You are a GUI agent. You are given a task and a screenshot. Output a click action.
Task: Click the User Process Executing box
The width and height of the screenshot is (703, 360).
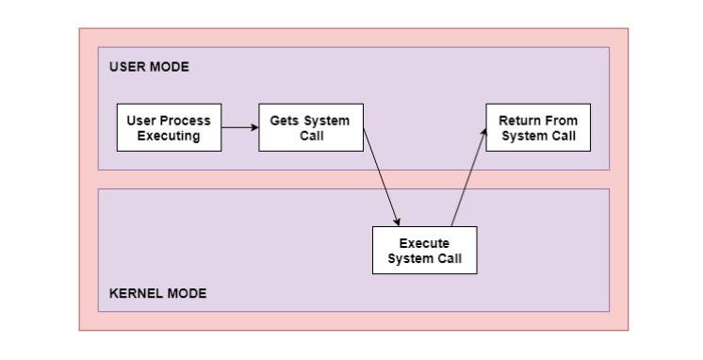[169, 127]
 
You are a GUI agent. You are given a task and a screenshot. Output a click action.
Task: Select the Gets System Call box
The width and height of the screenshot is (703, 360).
[310, 127]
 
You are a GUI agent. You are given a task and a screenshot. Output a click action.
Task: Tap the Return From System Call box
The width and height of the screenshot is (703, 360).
[537, 127]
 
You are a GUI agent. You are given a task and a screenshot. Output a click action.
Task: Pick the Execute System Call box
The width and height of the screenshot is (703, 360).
[424, 250]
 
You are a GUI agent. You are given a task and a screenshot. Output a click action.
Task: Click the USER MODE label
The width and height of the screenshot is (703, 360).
[149, 67]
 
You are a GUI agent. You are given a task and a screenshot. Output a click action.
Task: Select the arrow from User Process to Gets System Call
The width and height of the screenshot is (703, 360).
[239, 127]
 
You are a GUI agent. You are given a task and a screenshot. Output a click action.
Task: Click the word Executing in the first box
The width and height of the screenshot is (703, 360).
[169, 136]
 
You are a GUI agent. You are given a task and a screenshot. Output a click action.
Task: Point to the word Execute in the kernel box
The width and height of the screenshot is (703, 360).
[424, 243]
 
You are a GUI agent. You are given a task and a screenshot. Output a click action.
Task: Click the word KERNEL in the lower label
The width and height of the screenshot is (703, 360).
[130, 293]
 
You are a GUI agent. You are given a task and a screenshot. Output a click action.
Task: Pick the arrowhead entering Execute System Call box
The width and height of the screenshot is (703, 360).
[399, 221]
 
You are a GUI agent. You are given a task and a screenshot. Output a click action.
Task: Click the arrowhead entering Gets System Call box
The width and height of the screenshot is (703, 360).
[253, 127]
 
